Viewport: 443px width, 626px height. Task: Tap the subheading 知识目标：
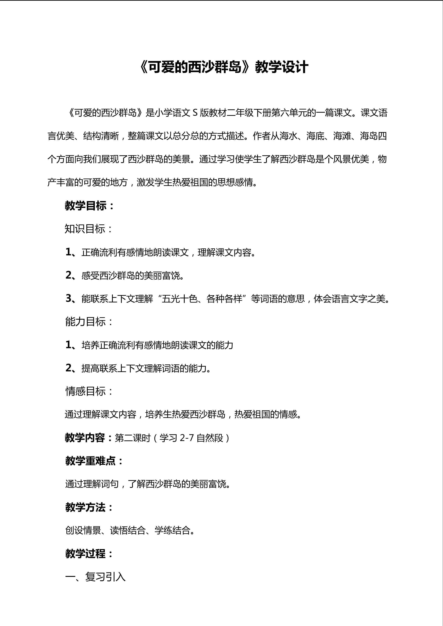(x=89, y=229)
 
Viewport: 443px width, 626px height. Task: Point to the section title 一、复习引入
(x=95, y=577)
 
